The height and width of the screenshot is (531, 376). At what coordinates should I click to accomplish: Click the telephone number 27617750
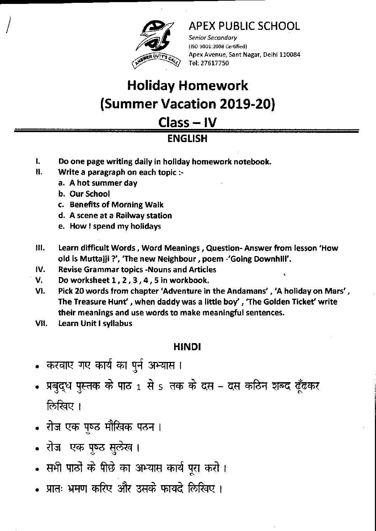tap(215, 63)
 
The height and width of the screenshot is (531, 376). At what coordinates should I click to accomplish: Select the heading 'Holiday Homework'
tap(188, 86)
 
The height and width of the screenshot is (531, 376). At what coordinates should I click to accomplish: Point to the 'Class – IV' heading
tap(187, 122)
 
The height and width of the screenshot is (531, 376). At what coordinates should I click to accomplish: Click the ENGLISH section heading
tap(187, 139)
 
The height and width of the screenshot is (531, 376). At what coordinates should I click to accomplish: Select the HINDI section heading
tap(187, 347)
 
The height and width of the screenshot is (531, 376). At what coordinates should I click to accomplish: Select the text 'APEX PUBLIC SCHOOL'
tap(244, 26)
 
